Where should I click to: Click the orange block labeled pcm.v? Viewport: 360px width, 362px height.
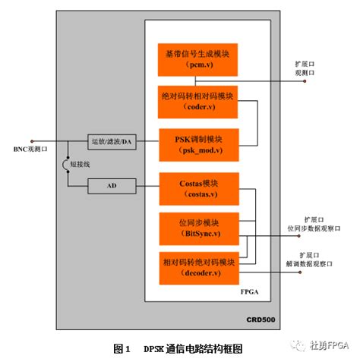coord(198,60)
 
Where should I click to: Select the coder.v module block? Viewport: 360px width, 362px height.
coord(198,102)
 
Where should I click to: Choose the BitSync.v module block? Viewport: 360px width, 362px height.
coord(198,228)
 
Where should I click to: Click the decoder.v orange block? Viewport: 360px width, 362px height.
coord(198,266)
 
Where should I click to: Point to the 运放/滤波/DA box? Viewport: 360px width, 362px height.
coord(112,143)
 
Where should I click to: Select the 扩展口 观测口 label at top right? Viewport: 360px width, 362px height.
coord(305,67)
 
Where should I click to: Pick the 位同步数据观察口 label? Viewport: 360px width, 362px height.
coord(312,227)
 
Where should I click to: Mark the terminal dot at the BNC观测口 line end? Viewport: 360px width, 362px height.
coord(32,142)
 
